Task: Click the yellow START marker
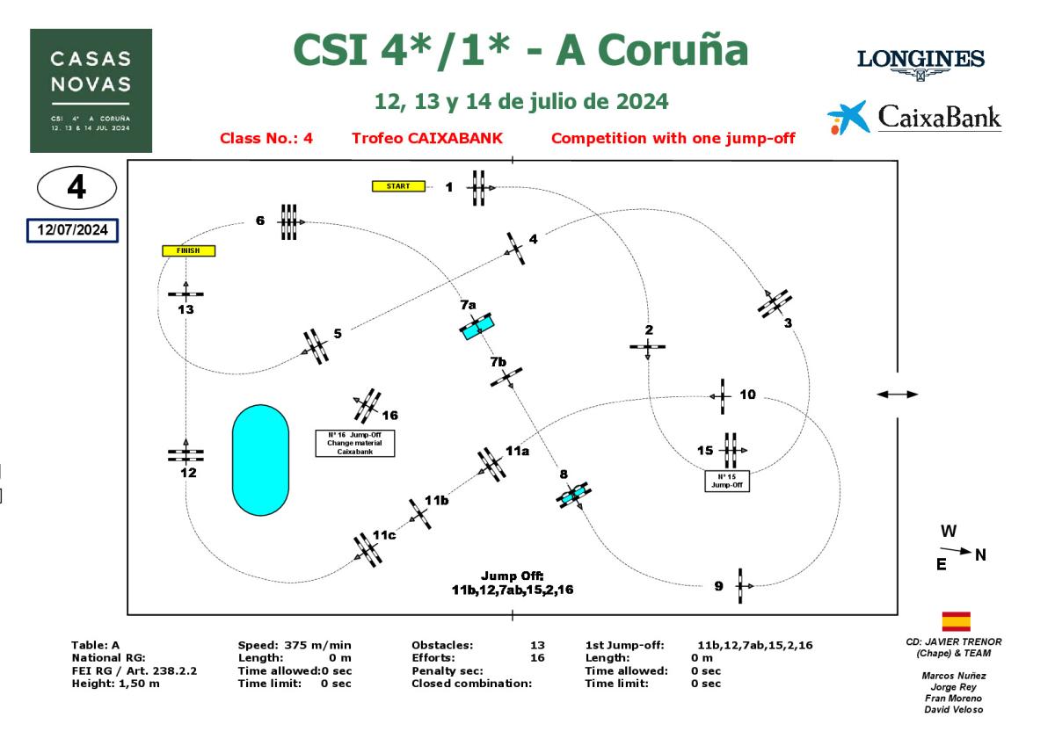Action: point(398,186)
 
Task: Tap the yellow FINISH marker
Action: point(188,250)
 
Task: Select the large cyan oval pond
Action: point(260,460)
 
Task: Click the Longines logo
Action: point(920,62)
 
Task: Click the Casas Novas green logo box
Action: point(91,91)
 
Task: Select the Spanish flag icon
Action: point(956,622)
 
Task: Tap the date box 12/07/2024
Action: point(72,229)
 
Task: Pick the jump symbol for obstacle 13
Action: point(186,293)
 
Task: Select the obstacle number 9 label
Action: point(718,586)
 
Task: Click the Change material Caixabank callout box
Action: point(355,443)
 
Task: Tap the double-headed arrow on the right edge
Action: point(897,395)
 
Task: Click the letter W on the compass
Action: point(949,532)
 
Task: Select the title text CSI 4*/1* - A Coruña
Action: point(520,51)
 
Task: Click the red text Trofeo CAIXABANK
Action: point(426,138)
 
